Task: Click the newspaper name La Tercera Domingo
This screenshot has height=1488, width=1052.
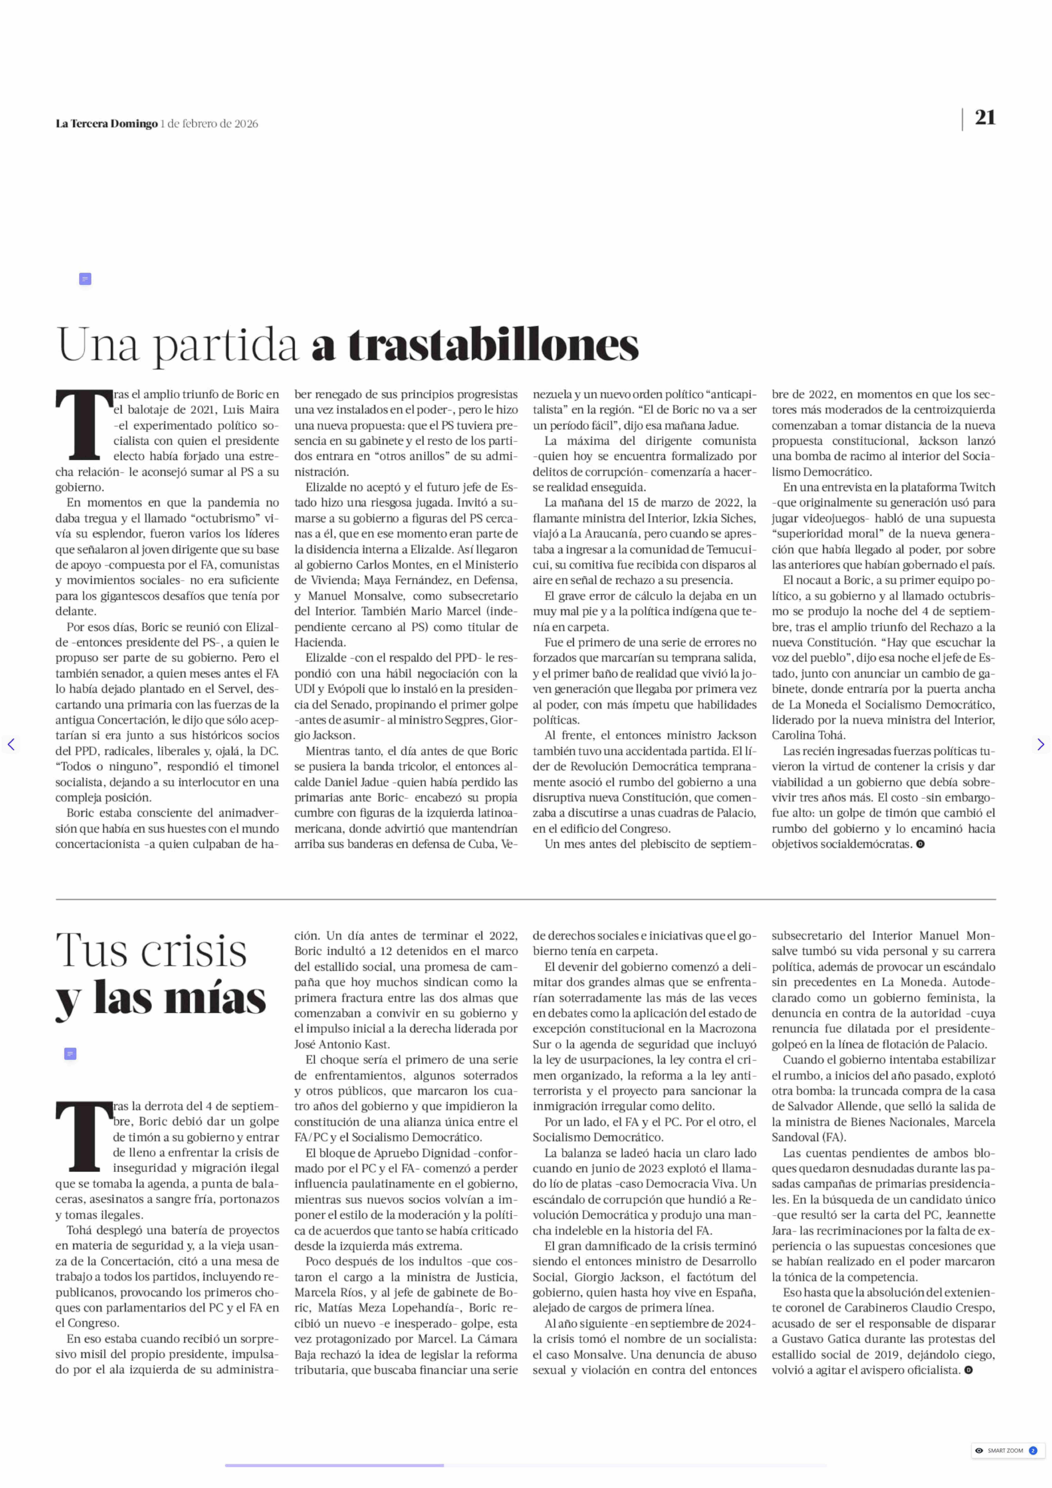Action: [106, 124]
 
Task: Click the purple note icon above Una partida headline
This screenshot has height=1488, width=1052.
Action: [85, 279]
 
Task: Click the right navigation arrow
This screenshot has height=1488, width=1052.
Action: [1040, 744]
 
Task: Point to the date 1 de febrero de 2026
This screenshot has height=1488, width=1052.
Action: [209, 124]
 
